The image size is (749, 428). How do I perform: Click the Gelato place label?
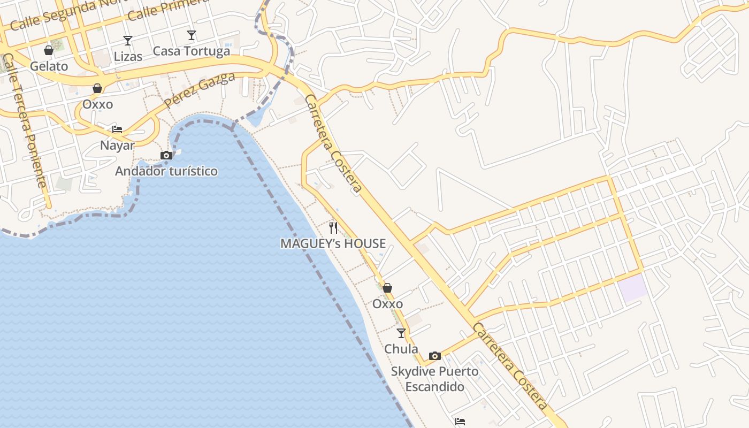[x=49, y=66]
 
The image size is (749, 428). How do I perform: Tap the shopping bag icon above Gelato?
[x=49, y=50]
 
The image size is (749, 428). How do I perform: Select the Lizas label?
[x=128, y=56]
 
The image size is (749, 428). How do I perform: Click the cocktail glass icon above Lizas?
[x=128, y=40]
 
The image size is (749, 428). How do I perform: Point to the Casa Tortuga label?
[x=191, y=51]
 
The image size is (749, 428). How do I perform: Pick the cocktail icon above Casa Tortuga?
[x=191, y=35]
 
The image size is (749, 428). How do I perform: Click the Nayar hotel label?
[x=117, y=145]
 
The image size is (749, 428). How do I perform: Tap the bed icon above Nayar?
[x=117, y=129]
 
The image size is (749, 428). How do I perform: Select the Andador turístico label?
[x=166, y=171]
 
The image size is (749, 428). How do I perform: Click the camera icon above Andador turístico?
[x=166, y=156]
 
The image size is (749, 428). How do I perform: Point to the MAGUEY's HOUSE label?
[x=333, y=244]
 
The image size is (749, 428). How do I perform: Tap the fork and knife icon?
[x=333, y=228]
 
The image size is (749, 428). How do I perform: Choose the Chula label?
[x=401, y=349]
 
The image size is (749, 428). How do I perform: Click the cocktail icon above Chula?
[x=401, y=333]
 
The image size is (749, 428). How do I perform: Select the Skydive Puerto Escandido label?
[x=434, y=379]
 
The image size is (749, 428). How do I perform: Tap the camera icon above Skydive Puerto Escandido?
[x=434, y=356]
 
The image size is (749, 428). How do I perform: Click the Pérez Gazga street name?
[x=200, y=90]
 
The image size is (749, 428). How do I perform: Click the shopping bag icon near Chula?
[x=387, y=288]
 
